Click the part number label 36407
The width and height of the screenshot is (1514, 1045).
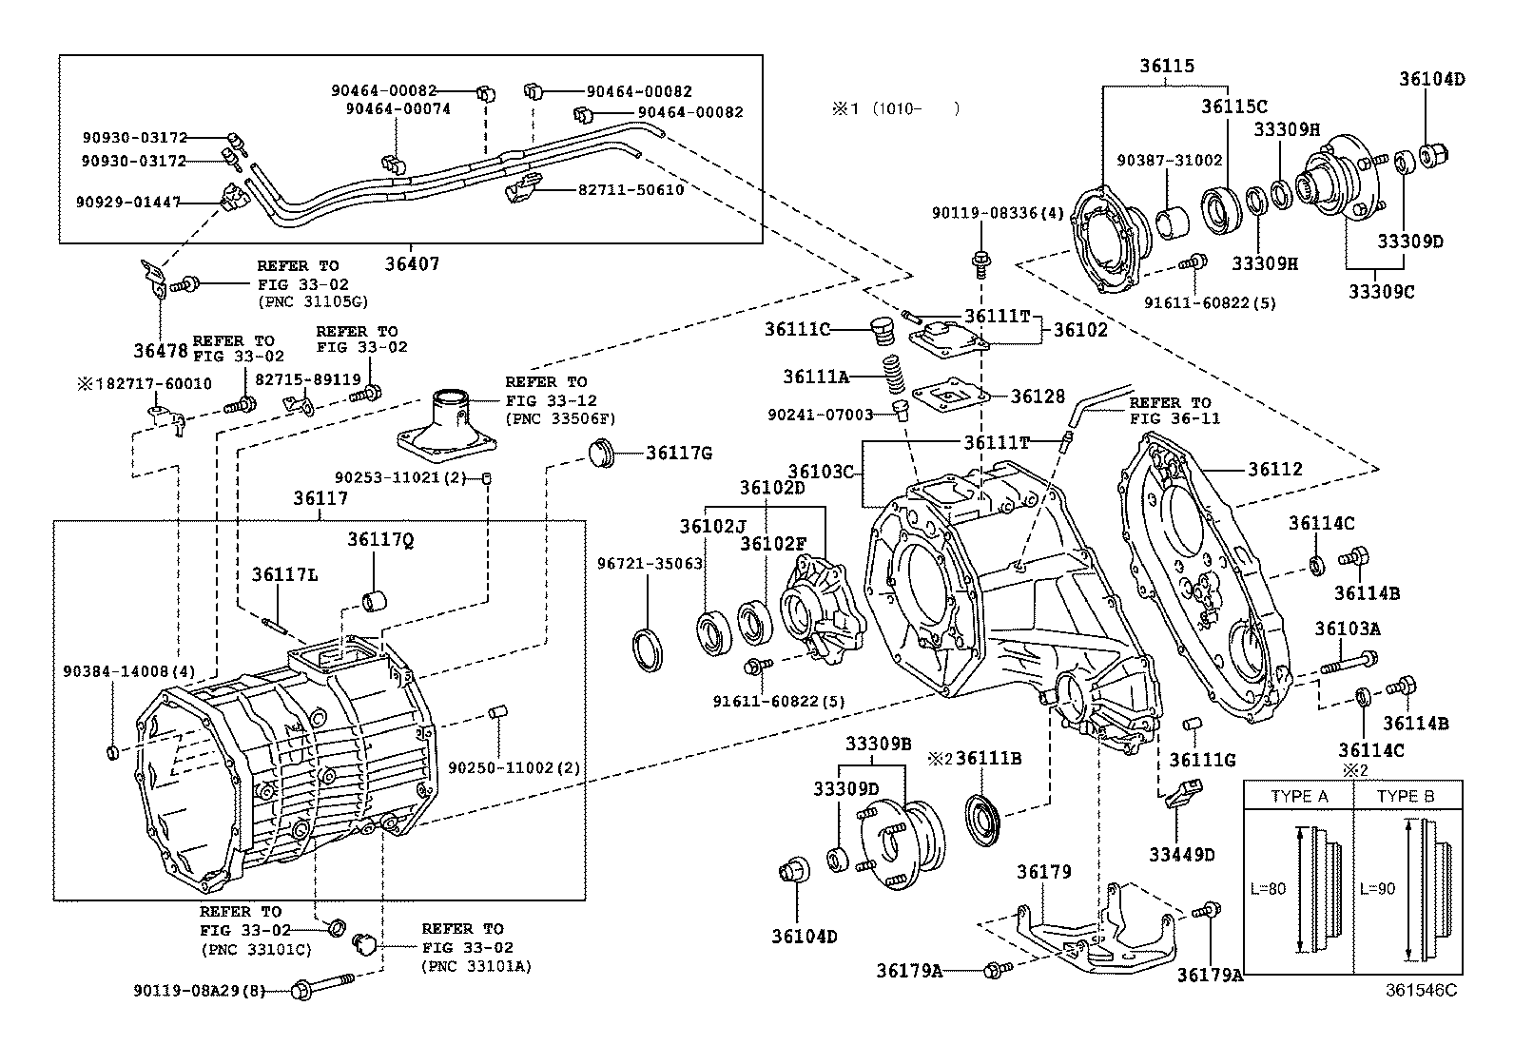[412, 263]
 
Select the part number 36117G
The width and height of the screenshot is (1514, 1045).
[678, 454]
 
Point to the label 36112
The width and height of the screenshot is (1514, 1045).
[1275, 470]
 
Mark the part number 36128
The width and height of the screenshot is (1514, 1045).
[1038, 397]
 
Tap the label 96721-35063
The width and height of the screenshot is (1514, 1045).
[650, 564]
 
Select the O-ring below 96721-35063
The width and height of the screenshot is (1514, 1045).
[650, 648]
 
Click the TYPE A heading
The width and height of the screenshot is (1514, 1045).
[1299, 796]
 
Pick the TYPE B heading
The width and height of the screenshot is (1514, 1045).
[1405, 796]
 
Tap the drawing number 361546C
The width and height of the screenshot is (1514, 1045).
[1421, 990]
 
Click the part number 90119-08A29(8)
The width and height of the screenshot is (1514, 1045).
[199, 991]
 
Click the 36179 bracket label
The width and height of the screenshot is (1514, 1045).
[1043, 872]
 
